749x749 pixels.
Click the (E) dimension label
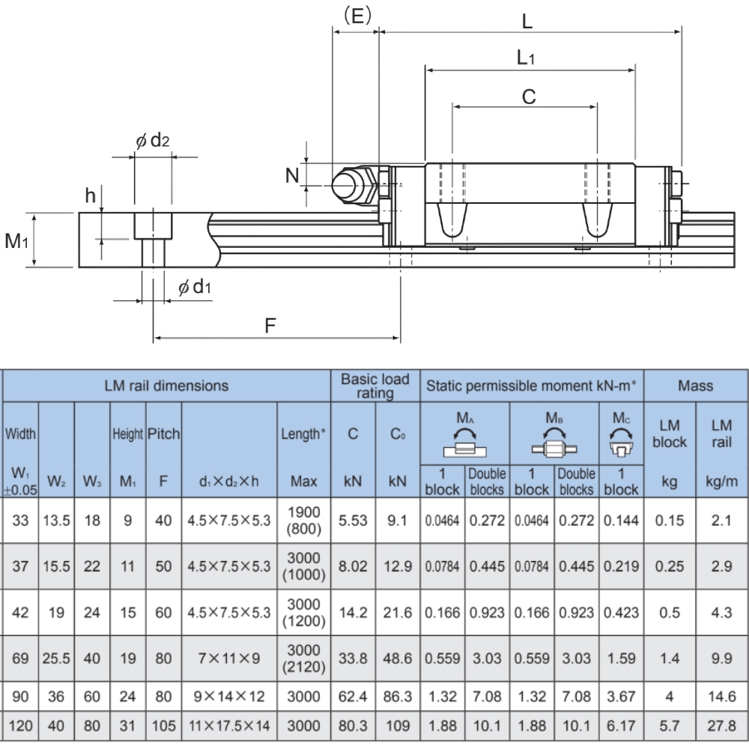356,16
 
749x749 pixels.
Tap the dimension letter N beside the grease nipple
293,176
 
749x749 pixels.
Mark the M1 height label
16,241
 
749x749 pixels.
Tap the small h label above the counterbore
91,195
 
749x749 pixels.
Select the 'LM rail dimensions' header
167,386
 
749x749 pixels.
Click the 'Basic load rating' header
375,386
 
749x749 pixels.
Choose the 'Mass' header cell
695,386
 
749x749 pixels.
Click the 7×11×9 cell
229,659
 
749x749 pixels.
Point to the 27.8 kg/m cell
721,726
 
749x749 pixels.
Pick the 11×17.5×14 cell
229,726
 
